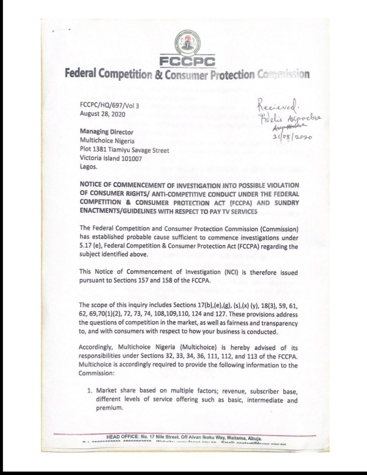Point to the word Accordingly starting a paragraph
point(102,346)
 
